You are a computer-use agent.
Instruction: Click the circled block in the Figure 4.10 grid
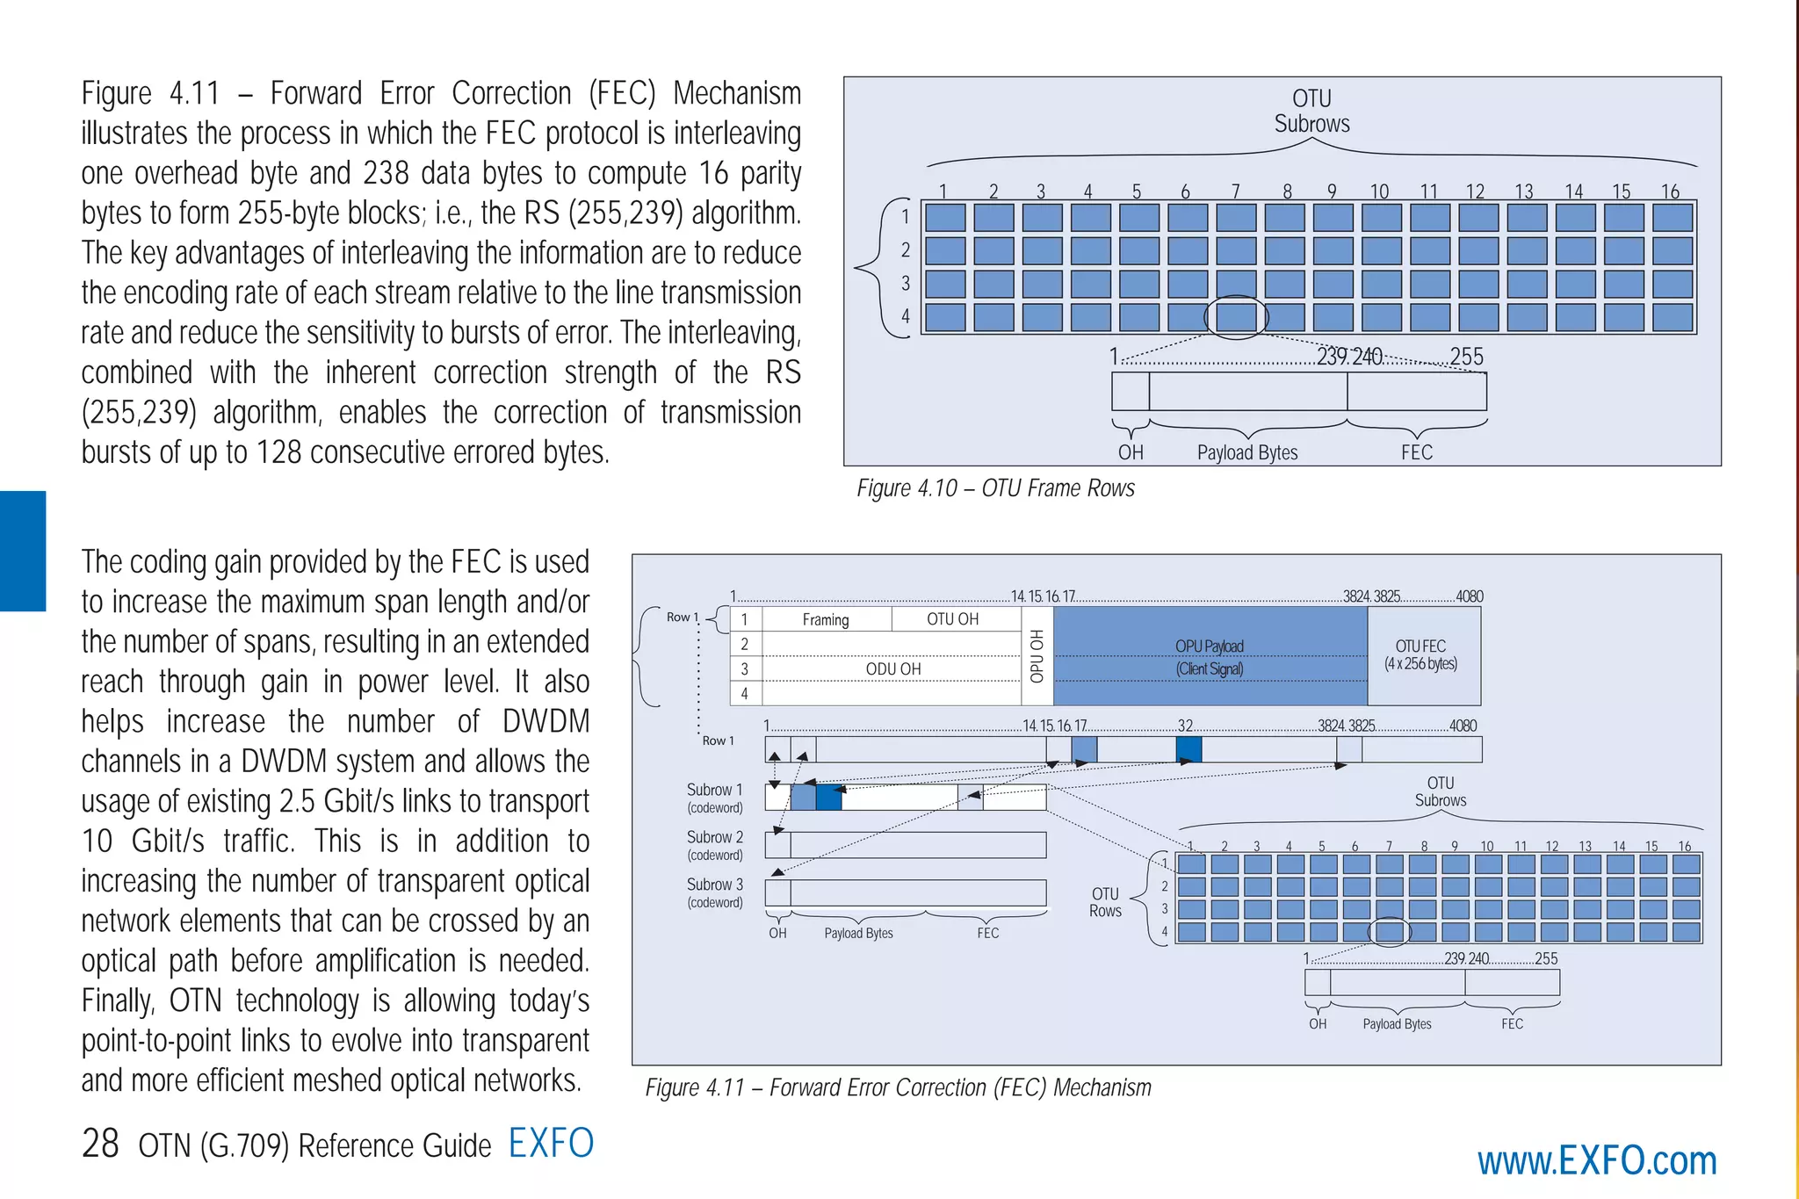(1236, 317)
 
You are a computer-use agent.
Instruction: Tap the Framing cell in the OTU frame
(826, 619)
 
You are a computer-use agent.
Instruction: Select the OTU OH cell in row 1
(952, 619)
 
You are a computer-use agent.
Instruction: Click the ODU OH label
(892, 669)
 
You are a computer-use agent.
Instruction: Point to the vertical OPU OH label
(1037, 656)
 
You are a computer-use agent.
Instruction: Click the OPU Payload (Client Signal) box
(1210, 656)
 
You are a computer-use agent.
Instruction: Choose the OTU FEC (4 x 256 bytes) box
(1420, 655)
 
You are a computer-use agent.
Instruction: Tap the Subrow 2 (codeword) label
(715, 845)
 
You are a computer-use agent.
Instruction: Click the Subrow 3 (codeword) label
(715, 892)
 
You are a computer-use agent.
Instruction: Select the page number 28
(100, 1144)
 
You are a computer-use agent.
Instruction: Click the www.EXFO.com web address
(1596, 1161)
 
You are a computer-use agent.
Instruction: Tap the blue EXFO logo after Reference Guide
(551, 1143)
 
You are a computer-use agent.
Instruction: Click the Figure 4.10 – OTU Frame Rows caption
(995, 488)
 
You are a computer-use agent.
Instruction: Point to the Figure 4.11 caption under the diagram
(898, 1087)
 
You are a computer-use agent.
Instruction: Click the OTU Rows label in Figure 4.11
(1105, 902)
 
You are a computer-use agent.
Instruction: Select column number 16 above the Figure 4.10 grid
(1670, 191)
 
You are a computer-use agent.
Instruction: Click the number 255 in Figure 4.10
(1466, 357)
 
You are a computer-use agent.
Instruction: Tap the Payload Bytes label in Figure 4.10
(1247, 452)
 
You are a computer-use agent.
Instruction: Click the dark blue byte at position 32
(1188, 749)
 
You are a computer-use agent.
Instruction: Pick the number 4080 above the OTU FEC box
(1470, 596)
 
